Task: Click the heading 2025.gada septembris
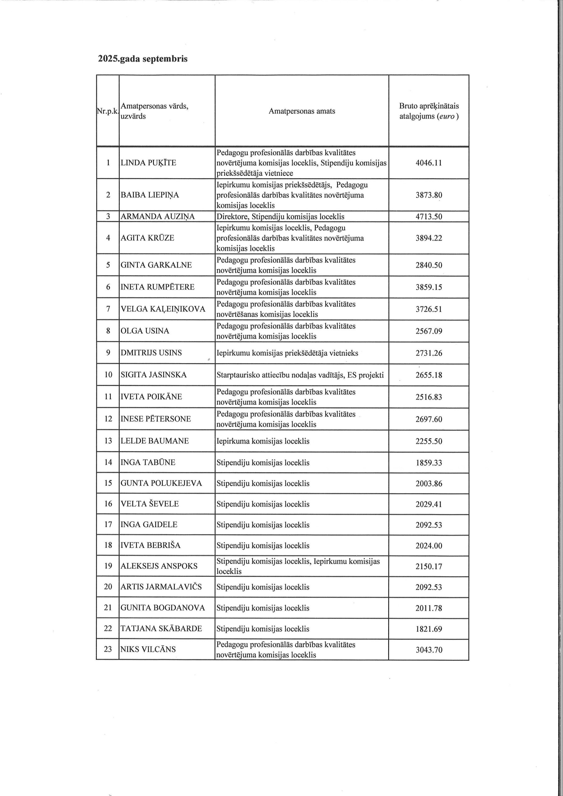142,59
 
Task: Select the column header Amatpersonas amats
302,111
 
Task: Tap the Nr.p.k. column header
108,111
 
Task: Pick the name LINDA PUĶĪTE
148,163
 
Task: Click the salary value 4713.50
429,217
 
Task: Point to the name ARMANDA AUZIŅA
157,217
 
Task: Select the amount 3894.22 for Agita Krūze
429,238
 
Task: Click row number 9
108,353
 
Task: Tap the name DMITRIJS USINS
151,353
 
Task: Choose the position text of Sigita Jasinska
300,375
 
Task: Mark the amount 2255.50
429,441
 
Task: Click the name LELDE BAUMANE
154,441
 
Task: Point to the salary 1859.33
429,463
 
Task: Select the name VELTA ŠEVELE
150,504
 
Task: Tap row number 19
108,566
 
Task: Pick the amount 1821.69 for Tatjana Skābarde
429,629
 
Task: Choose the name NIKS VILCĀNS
148,649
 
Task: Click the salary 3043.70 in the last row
429,650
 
